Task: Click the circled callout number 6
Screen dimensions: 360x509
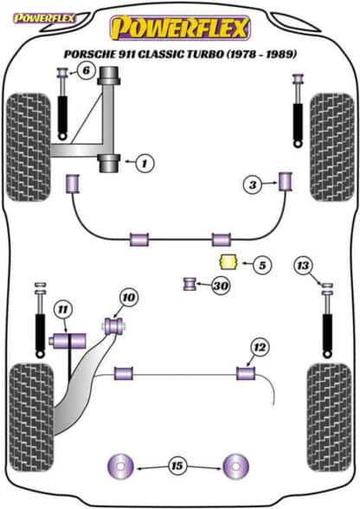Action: (x=86, y=70)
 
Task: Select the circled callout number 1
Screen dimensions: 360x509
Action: (x=145, y=163)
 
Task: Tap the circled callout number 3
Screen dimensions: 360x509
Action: (x=252, y=185)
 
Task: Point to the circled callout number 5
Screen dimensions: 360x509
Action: (x=262, y=265)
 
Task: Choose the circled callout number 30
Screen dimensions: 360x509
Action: (x=221, y=286)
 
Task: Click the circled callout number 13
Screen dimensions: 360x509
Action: (x=303, y=266)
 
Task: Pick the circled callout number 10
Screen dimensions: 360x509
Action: (x=129, y=298)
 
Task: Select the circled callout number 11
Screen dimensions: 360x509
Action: (x=63, y=310)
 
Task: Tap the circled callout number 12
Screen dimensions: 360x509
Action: (x=260, y=348)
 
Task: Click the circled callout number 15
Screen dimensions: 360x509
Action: (x=177, y=466)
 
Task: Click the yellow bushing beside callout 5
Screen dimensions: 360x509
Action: (x=228, y=262)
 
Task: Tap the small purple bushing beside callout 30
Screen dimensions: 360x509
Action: (x=190, y=284)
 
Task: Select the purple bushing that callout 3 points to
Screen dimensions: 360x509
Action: (x=286, y=182)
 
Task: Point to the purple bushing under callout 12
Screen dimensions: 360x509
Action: (x=246, y=373)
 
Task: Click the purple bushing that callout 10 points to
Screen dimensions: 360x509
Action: (x=114, y=325)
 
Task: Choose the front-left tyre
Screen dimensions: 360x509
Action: (x=29, y=147)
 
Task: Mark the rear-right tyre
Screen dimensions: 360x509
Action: (x=330, y=418)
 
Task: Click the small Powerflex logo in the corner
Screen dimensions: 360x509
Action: (x=44, y=18)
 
